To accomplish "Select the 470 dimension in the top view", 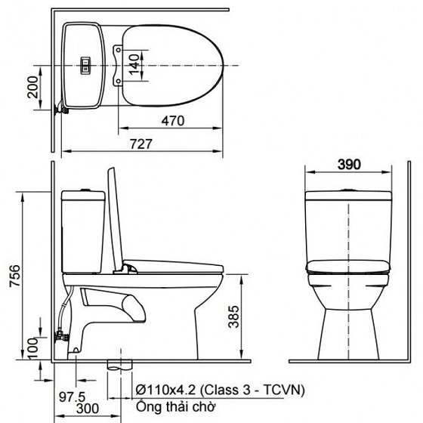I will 173,119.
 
